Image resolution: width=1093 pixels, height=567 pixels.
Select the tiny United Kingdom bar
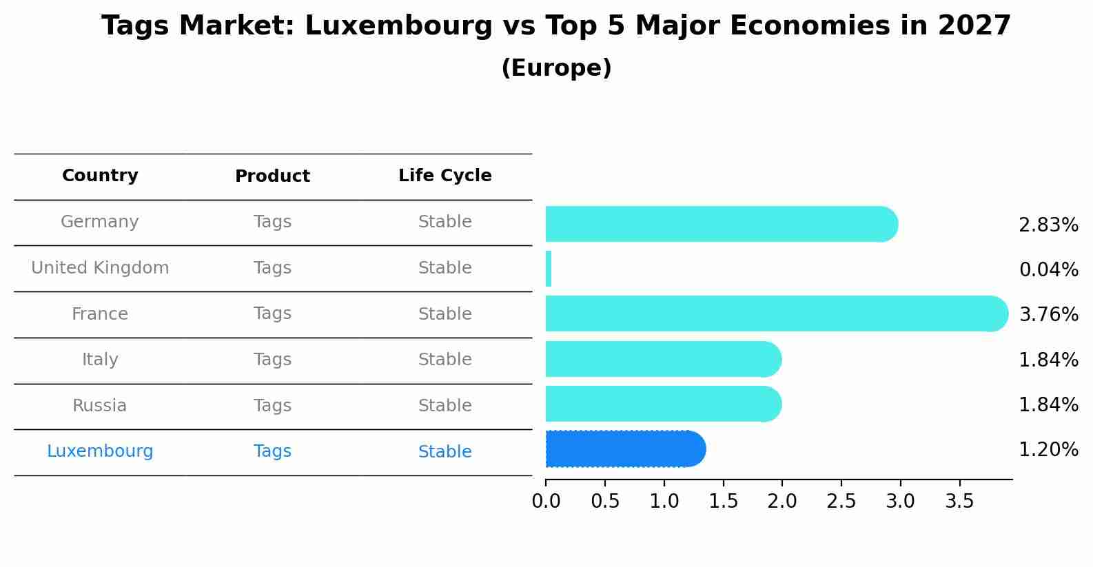click(549, 269)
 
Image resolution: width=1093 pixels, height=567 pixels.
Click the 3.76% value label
click(1048, 315)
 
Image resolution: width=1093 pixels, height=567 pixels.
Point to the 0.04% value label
click(1048, 270)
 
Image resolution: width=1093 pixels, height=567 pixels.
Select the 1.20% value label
click(1048, 450)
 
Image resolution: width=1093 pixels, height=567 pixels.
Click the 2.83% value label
click(1048, 225)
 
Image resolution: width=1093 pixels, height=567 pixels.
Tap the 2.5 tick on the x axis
click(841, 502)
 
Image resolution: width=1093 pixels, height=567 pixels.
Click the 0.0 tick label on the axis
click(546, 502)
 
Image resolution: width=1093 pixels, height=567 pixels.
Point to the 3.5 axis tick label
click(959, 502)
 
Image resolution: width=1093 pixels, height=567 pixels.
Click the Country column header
click(100, 176)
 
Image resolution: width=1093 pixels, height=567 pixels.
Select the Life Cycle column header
click(445, 176)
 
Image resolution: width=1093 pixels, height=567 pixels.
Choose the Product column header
click(272, 176)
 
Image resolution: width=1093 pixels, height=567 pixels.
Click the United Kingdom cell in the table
click(100, 268)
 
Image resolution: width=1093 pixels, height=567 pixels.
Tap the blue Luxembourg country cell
click(100, 451)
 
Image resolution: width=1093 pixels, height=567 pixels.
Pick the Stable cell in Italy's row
click(445, 360)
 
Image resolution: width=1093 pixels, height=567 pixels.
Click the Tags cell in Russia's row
click(272, 406)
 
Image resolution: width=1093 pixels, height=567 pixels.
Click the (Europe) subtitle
click(556, 68)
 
